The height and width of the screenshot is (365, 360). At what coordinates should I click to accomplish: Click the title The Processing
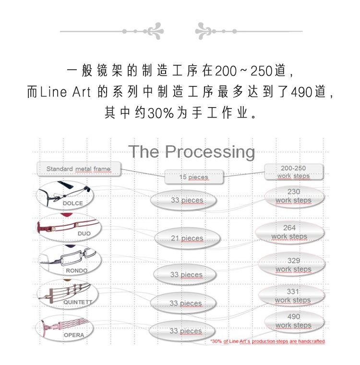pyautogui.click(x=192, y=152)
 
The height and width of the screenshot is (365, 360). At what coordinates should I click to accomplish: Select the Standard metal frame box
pyautogui.click(x=79, y=169)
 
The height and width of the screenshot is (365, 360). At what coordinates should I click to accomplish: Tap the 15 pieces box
pyautogui.click(x=193, y=177)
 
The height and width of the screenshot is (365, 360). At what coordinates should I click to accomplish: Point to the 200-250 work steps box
pyautogui.click(x=293, y=172)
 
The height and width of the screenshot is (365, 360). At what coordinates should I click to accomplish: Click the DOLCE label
pyautogui.click(x=72, y=203)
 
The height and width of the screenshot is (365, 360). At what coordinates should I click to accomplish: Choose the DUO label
pyautogui.click(x=84, y=233)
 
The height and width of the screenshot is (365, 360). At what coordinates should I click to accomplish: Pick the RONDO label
pyautogui.click(x=77, y=271)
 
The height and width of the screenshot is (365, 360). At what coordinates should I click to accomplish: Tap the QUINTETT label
pyautogui.click(x=78, y=302)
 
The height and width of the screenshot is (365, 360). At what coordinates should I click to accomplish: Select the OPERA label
pyautogui.click(x=74, y=335)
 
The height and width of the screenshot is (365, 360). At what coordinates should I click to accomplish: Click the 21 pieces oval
pyautogui.click(x=187, y=238)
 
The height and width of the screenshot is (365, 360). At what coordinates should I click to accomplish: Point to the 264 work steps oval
pyautogui.click(x=289, y=232)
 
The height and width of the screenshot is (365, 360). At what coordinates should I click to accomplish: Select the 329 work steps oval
pyautogui.click(x=291, y=265)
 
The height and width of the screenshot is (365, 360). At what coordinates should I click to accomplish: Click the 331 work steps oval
pyautogui.click(x=291, y=296)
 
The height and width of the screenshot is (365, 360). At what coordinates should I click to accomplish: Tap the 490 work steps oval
pyautogui.click(x=294, y=321)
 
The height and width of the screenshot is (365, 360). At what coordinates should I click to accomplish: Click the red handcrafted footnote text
pyautogui.click(x=268, y=341)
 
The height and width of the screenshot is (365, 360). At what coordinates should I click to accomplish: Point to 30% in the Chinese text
pyautogui.click(x=161, y=113)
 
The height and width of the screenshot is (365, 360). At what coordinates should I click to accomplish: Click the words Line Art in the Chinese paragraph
pyautogui.click(x=65, y=92)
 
